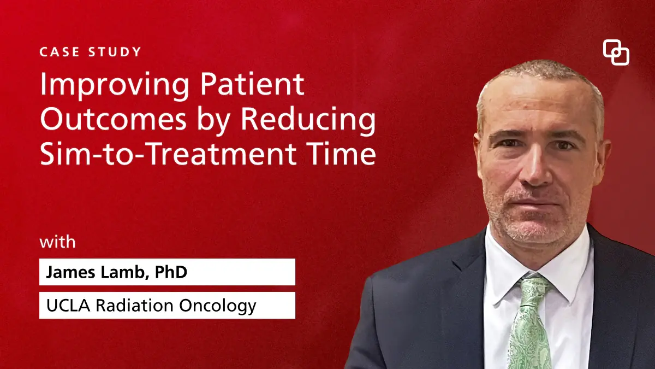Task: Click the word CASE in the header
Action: (59, 52)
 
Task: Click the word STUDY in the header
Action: (114, 52)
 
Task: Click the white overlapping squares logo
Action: (616, 53)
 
